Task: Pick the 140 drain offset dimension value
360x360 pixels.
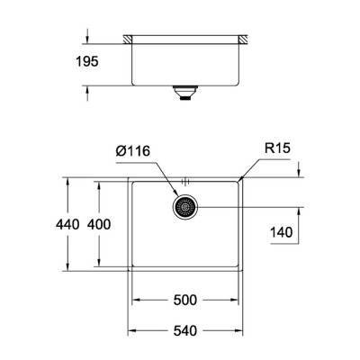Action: point(283,232)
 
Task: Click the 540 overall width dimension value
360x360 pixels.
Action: point(185,331)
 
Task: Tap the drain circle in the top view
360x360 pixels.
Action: point(184,207)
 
